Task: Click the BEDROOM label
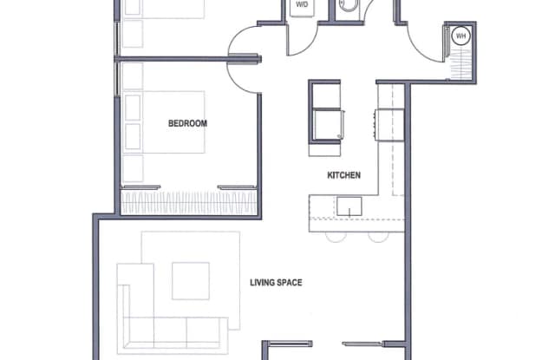[187, 123]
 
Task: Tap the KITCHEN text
[344, 175]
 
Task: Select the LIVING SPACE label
[276, 283]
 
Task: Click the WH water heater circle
[460, 36]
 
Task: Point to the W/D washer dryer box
[302, 7]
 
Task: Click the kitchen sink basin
[349, 206]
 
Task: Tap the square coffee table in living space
[191, 281]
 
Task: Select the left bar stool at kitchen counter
[336, 237]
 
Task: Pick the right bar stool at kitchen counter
[378, 237]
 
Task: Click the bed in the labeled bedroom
[165, 122]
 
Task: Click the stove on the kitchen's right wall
[389, 125]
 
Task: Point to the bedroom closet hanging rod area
[189, 203]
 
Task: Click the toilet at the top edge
[349, 5]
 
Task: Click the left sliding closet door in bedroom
[140, 187]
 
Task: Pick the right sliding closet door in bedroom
[237, 187]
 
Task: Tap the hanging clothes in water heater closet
[460, 63]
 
